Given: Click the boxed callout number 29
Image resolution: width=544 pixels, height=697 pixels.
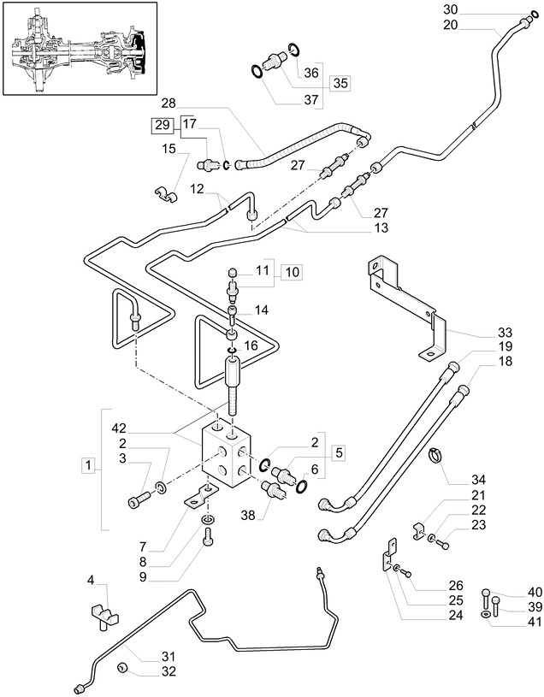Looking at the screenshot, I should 162,125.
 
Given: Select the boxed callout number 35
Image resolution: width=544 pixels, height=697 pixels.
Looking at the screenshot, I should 340,83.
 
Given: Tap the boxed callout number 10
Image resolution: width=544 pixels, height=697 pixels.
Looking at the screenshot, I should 292,272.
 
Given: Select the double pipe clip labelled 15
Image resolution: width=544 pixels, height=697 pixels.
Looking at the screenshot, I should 165,198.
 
